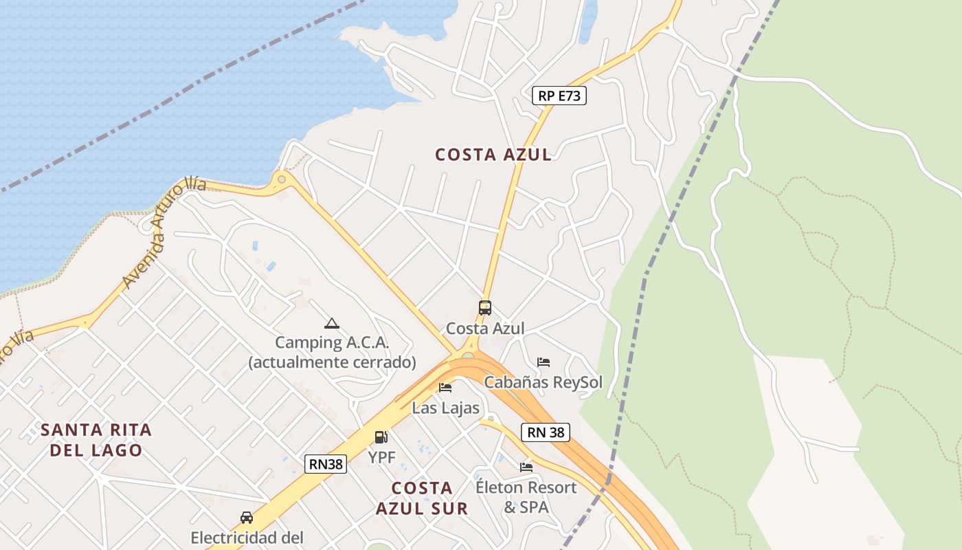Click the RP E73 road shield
[559, 96]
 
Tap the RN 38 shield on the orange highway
[546, 432]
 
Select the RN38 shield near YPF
[326, 464]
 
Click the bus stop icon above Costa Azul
[485, 308]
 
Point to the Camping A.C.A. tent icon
[332, 323]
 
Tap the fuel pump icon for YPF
[381, 437]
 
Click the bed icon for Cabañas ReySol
[544, 362]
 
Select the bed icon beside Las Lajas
[445, 388]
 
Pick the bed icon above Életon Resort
[526, 467]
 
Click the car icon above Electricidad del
[246, 517]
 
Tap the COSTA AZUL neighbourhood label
[493, 155]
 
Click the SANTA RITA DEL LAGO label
[96, 440]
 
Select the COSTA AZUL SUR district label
[422, 498]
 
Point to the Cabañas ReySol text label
[543, 382]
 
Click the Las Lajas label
[445, 408]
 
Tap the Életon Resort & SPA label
[526, 497]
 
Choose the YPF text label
[381, 457]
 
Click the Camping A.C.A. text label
[332, 352]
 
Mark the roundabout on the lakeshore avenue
[281, 180]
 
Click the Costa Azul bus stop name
[485, 329]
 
